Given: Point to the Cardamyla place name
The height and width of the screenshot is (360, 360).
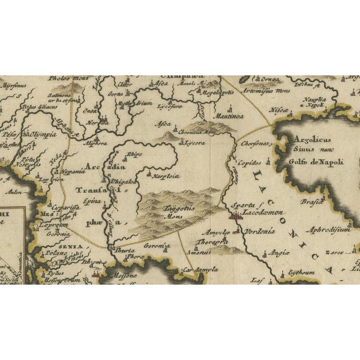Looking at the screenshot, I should tap(199, 270).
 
